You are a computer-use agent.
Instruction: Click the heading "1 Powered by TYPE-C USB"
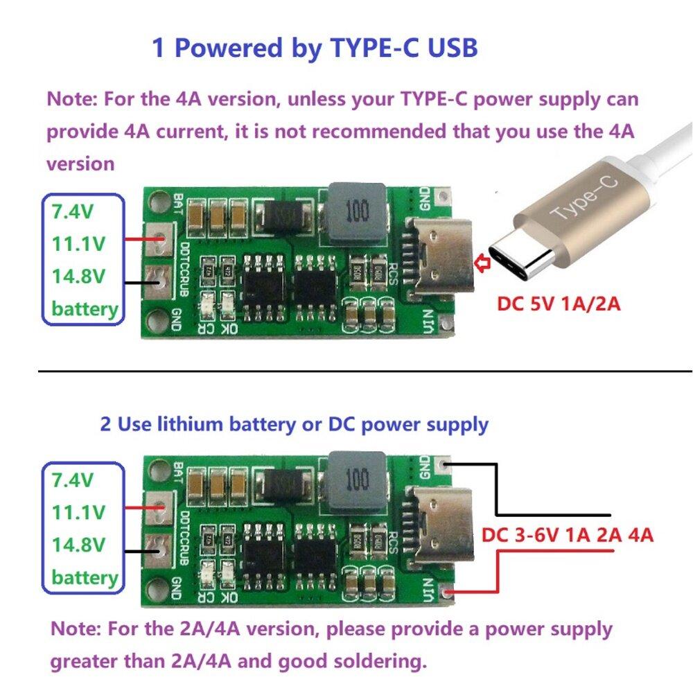tap(315, 49)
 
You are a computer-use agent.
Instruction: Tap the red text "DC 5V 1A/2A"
tap(559, 303)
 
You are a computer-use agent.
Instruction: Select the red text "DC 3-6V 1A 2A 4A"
tap(568, 536)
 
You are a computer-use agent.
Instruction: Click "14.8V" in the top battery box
tap(78, 277)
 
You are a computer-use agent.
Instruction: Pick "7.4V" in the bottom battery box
tap(73, 480)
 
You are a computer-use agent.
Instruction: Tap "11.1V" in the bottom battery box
tap(78, 513)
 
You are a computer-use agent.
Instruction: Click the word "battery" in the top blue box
tap(85, 308)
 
